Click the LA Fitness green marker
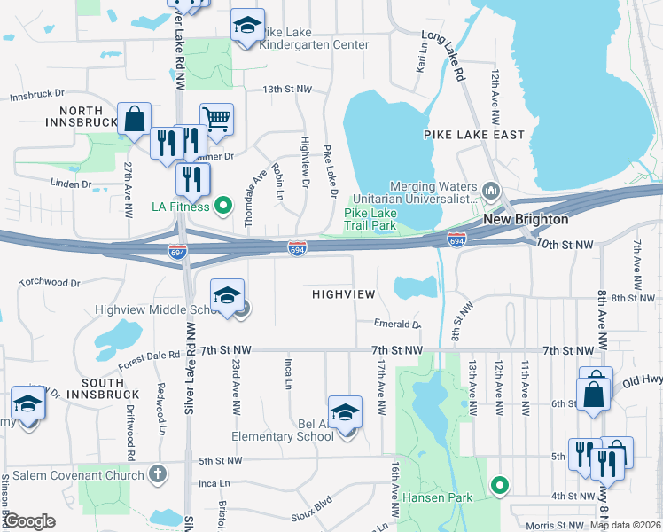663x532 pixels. tap(223, 207)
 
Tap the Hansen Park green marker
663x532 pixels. tap(500, 485)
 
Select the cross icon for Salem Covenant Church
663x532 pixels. tap(158, 475)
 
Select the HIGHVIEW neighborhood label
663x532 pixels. tap(343, 293)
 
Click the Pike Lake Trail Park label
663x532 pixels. tap(370, 219)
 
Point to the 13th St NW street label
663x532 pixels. tap(287, 90)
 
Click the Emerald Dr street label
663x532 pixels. tap(396, 325)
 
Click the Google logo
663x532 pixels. tap(30, 520)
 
